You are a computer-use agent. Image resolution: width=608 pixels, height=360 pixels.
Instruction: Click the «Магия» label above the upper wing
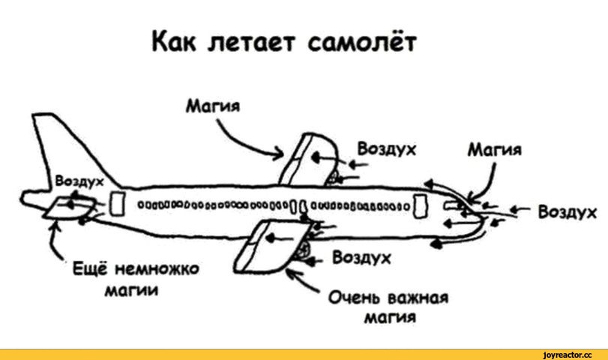coord(213,106)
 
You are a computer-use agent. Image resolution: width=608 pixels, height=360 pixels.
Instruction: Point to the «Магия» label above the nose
coord(495,149)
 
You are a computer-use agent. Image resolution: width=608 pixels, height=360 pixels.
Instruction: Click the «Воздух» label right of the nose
coord(568,212)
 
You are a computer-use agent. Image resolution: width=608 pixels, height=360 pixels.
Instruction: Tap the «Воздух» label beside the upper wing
coord(387,149)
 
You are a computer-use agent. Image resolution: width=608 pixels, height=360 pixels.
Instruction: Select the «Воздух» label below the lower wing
coord(361,258)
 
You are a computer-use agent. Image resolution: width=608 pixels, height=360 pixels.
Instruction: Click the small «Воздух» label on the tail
coord(79,181)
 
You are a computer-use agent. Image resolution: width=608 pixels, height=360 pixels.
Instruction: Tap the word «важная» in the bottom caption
coord(418,298)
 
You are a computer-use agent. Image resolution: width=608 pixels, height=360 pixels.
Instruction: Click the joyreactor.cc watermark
coord(568,355)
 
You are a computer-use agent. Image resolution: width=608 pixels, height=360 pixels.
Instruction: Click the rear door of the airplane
coord(117,203)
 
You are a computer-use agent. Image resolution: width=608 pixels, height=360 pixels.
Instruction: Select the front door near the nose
coord(421,206)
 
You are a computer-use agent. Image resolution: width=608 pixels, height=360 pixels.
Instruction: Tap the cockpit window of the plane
coord(454,205)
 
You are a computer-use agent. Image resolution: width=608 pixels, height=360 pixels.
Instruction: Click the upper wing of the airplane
coord(310,160)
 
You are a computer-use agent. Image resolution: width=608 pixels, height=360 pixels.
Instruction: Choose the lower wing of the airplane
coord(271,245)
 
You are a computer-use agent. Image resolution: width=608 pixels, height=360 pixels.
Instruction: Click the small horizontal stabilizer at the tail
coord(70,208)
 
